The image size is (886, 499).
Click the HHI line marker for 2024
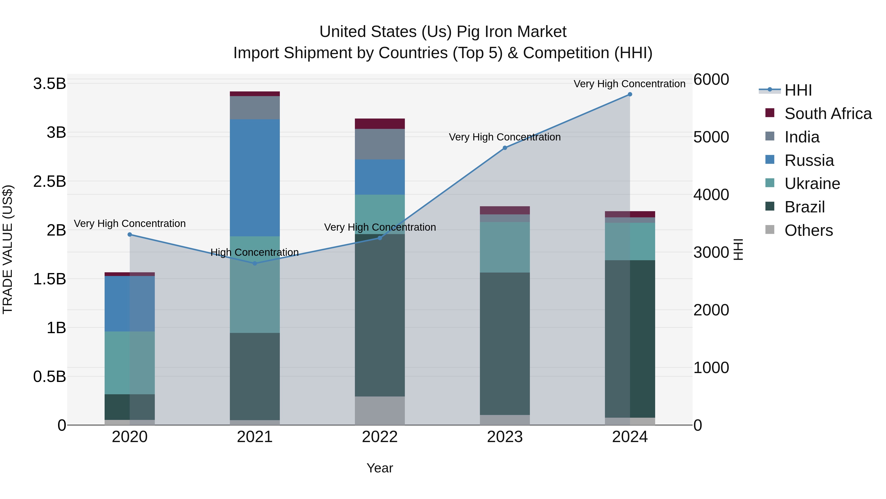click(630, 94)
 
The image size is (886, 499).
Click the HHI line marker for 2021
click(255, 263)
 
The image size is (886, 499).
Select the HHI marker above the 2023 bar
click(505, 148)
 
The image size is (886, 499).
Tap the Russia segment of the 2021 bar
click(255, 178)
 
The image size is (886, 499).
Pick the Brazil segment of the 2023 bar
click(505, 344)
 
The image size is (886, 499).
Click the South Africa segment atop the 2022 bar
click(380, 124)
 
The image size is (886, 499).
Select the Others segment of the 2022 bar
click(380, 411)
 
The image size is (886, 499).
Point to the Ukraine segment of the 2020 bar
click(130, 363)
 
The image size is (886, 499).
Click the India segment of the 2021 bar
click(255, 108)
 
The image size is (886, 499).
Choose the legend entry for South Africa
click(828, 114)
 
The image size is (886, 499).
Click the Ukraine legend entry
click(812, 184)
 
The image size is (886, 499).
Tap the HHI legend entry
click(798, 90)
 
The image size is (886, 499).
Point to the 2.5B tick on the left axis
click(49, 181)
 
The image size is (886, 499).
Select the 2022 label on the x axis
click(380, 437)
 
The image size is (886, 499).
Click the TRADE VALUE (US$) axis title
click(8, 249)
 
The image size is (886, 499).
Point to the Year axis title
click(380, 468)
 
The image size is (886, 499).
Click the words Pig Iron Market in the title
click(511, 32)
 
